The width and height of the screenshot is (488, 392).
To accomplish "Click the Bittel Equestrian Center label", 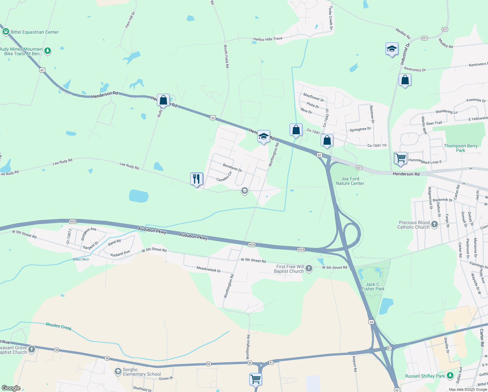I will pyautogui.click(x=35, y=32).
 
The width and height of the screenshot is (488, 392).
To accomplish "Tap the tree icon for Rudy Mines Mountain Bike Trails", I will pyautogui.click(x=48, y=51).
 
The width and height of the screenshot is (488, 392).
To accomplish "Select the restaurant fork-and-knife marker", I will pyautogui.click(x=196, y=179).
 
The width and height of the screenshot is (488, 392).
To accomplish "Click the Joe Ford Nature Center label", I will pyautogui.click(x=350, y=181).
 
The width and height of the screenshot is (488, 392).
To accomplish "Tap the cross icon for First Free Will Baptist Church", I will pyautogui.click(x=309, y=269).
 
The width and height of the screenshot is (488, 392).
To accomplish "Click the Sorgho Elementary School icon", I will pyautogui.click(x=118, y=371).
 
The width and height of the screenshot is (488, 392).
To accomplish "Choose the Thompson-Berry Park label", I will pyautogui.click(x=461, y=148).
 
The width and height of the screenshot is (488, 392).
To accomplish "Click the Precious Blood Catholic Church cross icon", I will pyautogui.click(x=434, y=224).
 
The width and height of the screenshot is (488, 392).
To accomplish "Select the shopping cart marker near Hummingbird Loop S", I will pyautogui.click(x=401, y=158).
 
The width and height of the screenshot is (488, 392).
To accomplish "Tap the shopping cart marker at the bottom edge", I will pyautogui.click(x=255, y=379).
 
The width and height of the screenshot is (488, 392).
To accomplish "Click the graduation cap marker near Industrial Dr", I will pyautogui.click(x=391, y=49).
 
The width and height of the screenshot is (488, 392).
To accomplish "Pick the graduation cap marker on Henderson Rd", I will pyautogui.click(x=264, y=137).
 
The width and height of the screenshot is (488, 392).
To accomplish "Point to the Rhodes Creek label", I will pyautogui.click(x=59, y=326).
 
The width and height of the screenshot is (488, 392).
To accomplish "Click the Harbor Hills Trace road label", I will pyautogui.click(x=268, y=39).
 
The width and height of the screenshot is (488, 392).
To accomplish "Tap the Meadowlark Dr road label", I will pyautogui.click(x=208, y=269).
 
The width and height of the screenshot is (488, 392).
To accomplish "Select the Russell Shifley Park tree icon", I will pyautogui.click(x=450, y=375).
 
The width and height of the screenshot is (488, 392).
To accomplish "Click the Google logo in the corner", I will pyautogui.click(x=11, y=388).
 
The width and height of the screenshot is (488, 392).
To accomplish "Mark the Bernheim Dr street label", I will pyautogui.click(x=232, y=168).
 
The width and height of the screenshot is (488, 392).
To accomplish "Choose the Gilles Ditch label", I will pyautogui.click(x=81, y=259).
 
